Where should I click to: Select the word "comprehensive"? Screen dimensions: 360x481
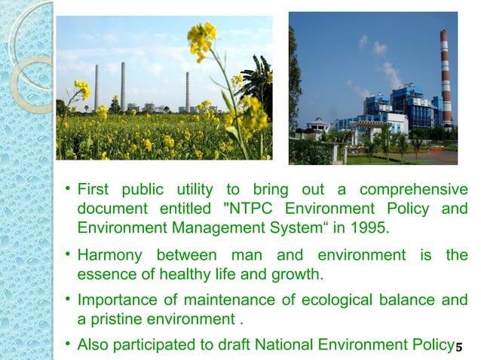click(414, 189)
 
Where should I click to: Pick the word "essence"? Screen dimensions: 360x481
click(103, 273)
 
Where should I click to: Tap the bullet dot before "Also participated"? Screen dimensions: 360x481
click(67, 345)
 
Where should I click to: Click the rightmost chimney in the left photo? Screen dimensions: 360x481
click(187, 91)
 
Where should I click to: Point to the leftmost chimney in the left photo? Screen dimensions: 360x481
click(97, 88)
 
